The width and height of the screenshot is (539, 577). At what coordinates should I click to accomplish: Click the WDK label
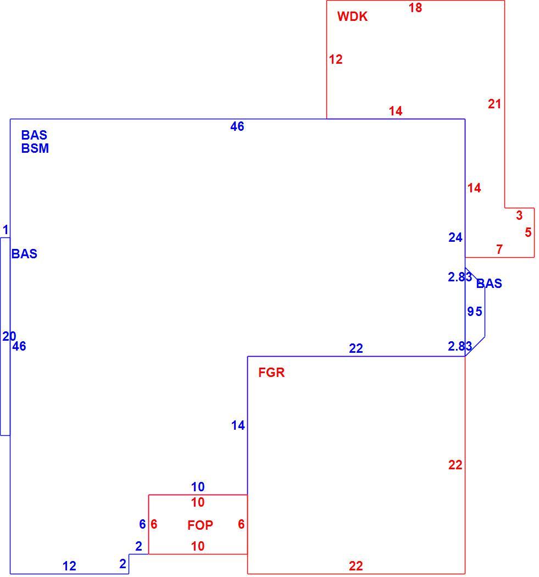pos(352,16)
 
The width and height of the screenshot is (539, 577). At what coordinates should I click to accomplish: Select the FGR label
pos(271,373)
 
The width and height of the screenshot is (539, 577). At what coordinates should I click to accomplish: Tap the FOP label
pos(200,525)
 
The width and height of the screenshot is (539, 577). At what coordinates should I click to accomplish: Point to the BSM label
pos(35,148)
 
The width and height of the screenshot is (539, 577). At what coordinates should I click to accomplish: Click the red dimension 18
pos(415,8)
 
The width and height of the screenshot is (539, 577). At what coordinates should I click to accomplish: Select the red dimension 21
pos(494,104)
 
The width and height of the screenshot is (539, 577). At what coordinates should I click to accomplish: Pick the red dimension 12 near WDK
pos(336,59)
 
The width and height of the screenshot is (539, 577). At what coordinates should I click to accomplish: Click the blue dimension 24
pos(455,238)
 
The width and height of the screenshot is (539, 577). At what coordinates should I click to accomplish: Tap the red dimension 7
pos(499,249)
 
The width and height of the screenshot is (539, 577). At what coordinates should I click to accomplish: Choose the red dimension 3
pos(519,215)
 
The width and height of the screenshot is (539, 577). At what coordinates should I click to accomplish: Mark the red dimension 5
pos(528,232)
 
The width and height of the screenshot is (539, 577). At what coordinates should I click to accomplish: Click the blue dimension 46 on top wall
pos(237,126)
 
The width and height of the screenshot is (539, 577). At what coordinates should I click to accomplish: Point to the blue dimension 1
pos(5,230)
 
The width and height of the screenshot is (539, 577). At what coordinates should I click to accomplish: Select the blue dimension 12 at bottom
pos(69,566)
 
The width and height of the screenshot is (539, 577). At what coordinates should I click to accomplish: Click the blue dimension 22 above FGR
pos(356,348)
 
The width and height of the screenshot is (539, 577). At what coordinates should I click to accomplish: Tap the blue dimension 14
pos(238,426)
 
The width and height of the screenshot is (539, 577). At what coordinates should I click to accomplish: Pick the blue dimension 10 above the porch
pos(198,487)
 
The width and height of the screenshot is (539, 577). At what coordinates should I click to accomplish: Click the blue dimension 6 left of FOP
pos(142,524)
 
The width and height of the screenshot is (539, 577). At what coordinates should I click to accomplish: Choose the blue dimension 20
pos(9,336)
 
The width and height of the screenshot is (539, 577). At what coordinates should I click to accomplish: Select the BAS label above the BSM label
pos(34,135)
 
